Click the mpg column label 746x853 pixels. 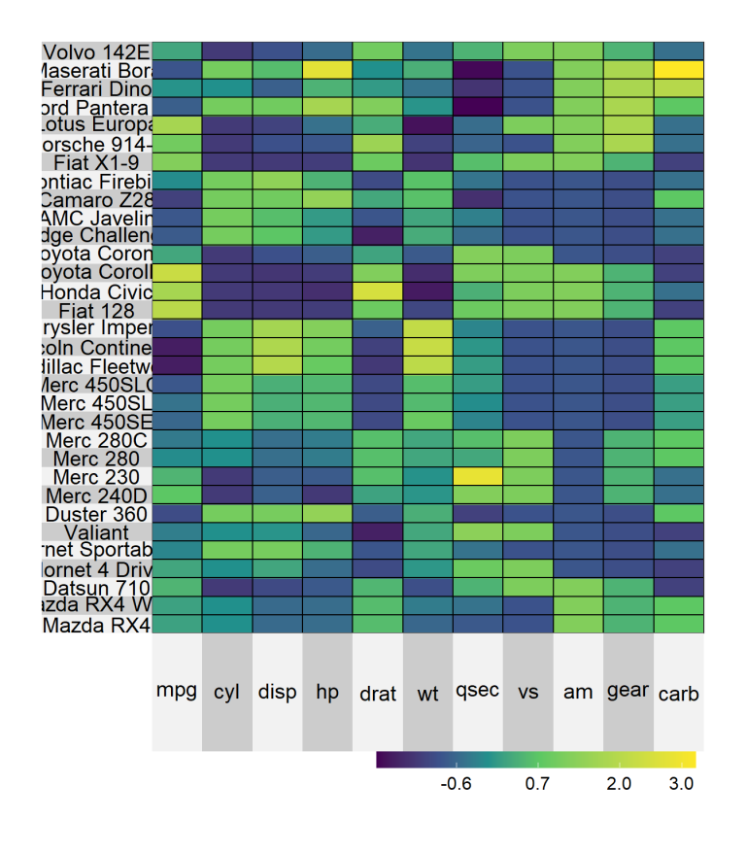coord(177,692)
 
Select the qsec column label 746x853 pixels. coord(478,692)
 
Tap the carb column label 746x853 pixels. coord(679,693)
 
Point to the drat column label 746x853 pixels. coord(378,693)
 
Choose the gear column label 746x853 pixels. coord(628,691)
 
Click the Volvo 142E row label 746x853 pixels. coord(97,51)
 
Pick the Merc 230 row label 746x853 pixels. coord(97,476)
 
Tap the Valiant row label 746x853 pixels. coord(97,531)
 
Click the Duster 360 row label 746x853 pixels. coord(97,513)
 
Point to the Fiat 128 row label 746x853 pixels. coord(97,311)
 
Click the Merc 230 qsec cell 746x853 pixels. coord(478,476)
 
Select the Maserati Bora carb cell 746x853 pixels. coord(679,70)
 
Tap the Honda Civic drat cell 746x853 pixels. coord(378,291)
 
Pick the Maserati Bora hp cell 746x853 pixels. coord(327,70)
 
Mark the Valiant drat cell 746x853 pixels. coord(378,531)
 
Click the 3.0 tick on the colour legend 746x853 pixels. coord(683,760)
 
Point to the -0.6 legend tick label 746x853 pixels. coord(456,784)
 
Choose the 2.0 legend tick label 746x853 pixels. coord(620,784)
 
